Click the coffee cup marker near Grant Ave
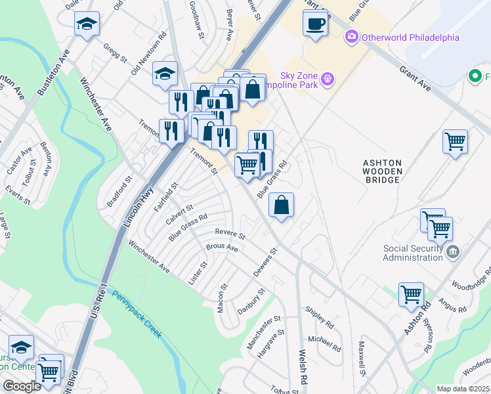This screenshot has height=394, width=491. (x=314, y=25)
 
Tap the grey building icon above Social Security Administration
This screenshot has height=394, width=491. (x=453, y=252)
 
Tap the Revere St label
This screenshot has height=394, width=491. (x=230, y=234)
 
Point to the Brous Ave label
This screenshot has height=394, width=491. (x=222, y=248)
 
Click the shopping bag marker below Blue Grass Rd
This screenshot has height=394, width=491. (x=281, y=206)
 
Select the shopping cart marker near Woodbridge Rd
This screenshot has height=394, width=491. (x=411, y=295)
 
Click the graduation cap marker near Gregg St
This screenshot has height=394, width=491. (x=87, y=25)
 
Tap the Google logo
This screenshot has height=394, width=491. (x=22, y=386)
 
